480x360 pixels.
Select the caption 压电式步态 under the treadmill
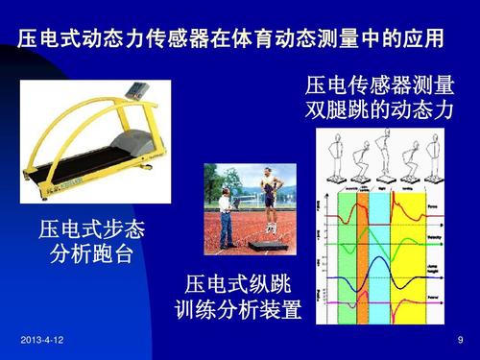pos(90,230)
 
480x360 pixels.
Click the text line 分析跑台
pos(90,255)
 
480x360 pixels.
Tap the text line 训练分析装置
pos(239,310)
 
